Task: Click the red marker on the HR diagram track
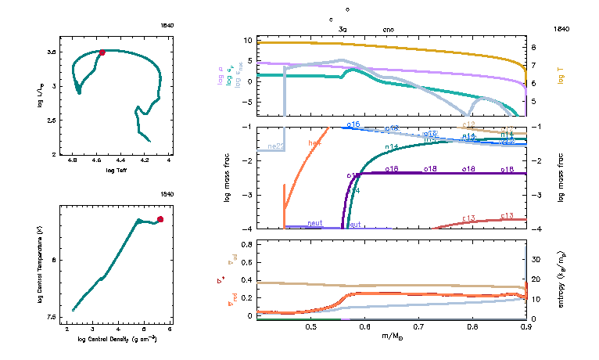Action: pos(102,52)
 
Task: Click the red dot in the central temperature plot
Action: pos(160,219)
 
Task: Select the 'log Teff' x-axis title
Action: pos(116,170)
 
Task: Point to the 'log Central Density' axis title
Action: pos(116,339)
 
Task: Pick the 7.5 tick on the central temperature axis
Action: pos(52,317)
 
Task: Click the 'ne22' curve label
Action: pos(275,146)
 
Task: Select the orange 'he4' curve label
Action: pos(315,143)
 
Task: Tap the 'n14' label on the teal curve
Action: pos(392,146)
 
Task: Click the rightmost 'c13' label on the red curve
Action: pos(506,215)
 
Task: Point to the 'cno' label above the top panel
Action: pos(389,28)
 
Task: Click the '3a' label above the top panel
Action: pos(343,28)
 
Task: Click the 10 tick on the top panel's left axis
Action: pos(247,39)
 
